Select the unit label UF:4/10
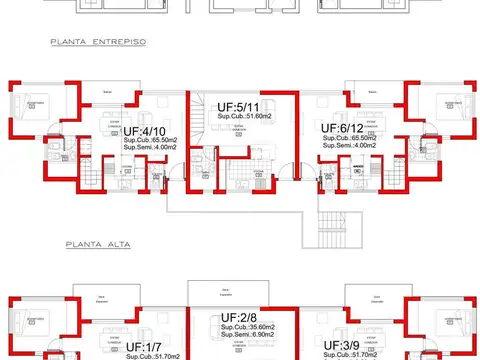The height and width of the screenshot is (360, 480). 144,131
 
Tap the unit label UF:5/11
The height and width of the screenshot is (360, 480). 241,106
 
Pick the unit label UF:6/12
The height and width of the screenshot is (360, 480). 343,128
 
